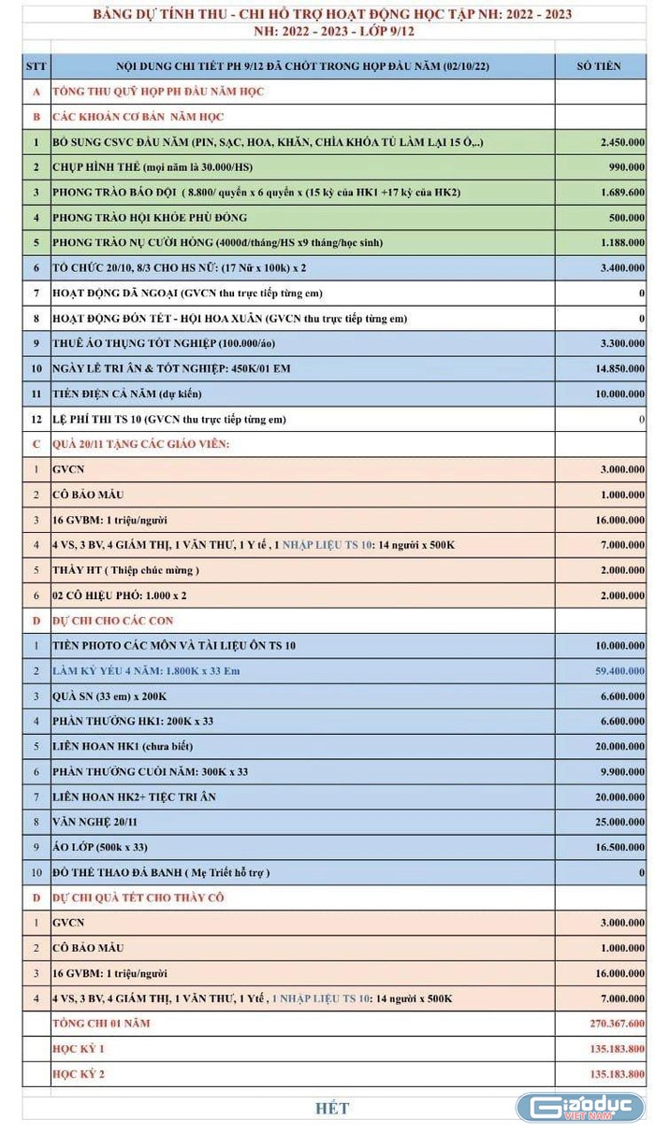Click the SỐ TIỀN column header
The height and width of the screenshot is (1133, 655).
click(600, 66)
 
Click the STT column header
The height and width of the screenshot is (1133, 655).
click(36, 66)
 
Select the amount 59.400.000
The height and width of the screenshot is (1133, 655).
click(614, 670)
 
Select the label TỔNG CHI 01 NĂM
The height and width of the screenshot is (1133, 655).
click(102, 1023)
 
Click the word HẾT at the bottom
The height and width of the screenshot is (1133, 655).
click(332, 1109)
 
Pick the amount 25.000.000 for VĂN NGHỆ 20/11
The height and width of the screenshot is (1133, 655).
click(614, 822)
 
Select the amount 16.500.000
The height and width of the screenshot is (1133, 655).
click(614, 847)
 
